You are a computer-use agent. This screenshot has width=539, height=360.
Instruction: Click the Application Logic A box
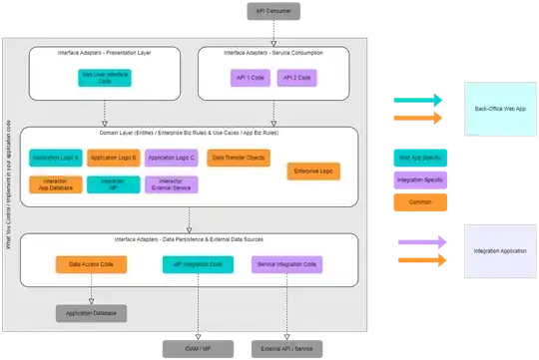pyautogui.click(x=55, y=158)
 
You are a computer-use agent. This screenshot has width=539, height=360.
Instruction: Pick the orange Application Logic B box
pyautogui.click(x=112, y=158)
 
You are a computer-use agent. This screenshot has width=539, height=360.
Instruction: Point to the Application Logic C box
pyautogui.click(x=170, y=158)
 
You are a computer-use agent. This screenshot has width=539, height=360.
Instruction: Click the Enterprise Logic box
pyautogui.click(x=311, y=172)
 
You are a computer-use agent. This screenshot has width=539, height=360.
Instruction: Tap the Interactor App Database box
pyautogui.click(x=55, y=183)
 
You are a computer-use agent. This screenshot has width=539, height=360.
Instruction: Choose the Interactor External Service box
pyautogui.click(x=170, y=183)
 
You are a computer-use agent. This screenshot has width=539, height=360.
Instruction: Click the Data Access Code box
pyautogui.click(x=89, y=264)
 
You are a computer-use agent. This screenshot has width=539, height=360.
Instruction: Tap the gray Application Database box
pyautogui.click(x=91, y=313)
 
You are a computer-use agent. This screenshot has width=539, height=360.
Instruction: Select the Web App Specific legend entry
pyautogui.click(x=419, y=158)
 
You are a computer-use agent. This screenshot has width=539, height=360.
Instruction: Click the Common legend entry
pyautogui.click(x=419, y=200)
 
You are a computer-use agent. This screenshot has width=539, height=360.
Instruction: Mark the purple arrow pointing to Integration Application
pyautogui.click(x=419, y=239)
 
